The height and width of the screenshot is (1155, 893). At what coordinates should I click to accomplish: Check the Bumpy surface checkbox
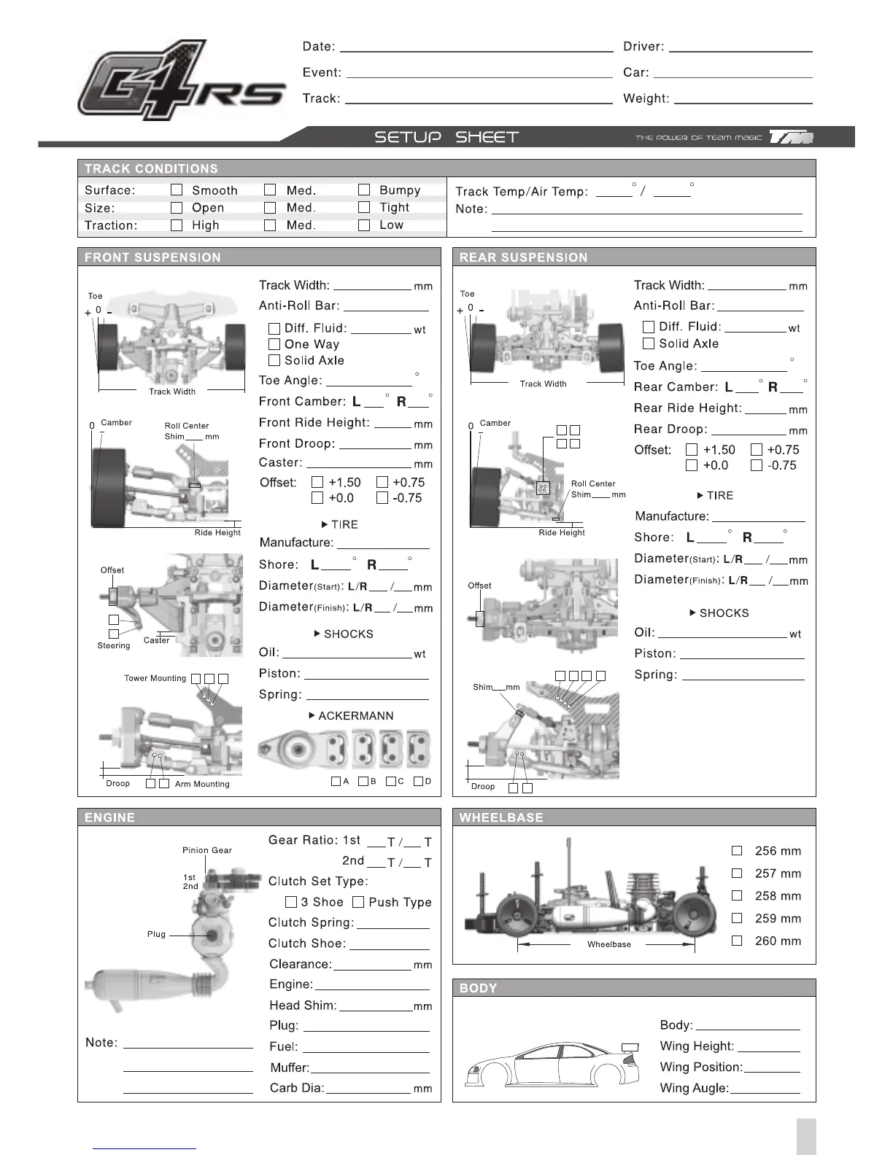tap(364, 190)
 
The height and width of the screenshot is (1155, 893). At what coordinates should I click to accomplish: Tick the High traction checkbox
tap(177, 225)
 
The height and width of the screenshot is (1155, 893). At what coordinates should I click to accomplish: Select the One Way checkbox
tap(274, 344)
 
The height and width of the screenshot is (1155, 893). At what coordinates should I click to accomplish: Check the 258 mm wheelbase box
tap(737, 895)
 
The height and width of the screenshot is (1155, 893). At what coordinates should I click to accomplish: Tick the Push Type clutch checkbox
tap(358, 902)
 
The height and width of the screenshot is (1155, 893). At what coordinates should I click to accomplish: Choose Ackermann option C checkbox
tap(391, 781)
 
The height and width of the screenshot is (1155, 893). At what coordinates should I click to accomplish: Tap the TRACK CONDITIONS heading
tap(151, 169)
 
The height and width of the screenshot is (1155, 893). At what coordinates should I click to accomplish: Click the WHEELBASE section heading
tap(501, 818)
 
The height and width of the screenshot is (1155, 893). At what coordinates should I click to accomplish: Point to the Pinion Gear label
tap(207, 850)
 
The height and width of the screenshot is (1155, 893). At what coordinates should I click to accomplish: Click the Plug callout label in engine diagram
tap(156, 934)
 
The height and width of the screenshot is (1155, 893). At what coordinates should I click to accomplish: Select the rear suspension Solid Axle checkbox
tap(649, 343)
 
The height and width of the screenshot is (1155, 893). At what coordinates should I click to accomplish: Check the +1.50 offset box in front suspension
tap(317, 482)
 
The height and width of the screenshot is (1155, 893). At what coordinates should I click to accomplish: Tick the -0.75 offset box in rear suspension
tap(757, 465)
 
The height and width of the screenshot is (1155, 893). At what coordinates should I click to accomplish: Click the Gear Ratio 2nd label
tap(353, 861)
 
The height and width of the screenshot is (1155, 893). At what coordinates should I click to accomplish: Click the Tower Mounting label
tap(155, 678)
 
